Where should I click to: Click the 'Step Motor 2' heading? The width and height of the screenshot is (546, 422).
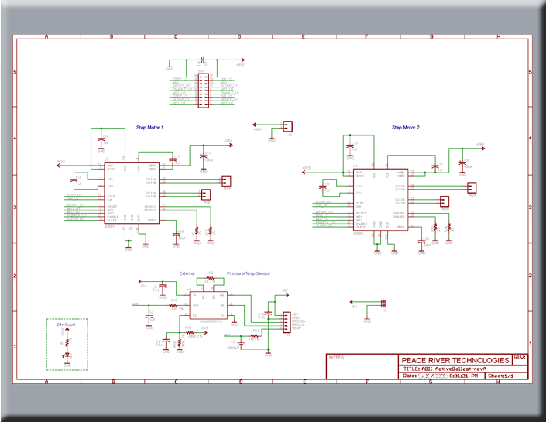tap(406, 127)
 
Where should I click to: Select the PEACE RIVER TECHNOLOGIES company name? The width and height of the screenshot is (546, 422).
tap(455, 360)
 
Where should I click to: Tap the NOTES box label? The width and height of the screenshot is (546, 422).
tap(336, 359)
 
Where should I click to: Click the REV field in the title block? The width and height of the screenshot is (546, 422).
tap(519, 358)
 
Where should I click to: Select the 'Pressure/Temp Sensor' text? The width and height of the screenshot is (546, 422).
tap(250, 273)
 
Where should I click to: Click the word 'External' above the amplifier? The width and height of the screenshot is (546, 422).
tap(187, 273)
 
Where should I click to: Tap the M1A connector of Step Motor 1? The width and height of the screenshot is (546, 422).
tap(227, 181)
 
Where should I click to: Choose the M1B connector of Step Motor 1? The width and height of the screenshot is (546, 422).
tap(206, 195)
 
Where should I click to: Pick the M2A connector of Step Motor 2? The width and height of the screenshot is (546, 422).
tap(472, 187)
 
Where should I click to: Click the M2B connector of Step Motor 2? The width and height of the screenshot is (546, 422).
tap(445, 202)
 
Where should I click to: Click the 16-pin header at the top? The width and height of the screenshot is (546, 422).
tap(202, 91)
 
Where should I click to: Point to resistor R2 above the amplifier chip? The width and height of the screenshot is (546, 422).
tap(210, 277)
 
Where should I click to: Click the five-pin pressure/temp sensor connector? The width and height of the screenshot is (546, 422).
tap(285, 321)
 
